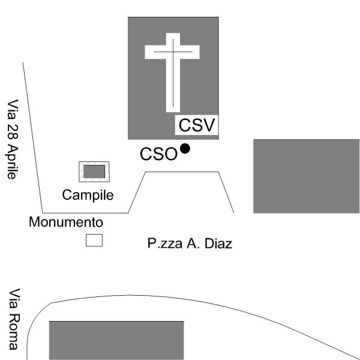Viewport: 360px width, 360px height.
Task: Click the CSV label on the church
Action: coord(197,125)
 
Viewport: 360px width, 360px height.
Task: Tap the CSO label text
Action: coord(158,154)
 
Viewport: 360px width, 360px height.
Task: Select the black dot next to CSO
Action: coord(185,149)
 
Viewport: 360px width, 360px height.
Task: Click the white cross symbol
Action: coord(172,73)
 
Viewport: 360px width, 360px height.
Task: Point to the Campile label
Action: coord(88,196)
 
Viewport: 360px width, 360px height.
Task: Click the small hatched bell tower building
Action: coord(94,172)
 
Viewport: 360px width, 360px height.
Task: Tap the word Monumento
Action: coord(66,222)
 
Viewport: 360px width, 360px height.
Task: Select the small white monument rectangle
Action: coord(94,241)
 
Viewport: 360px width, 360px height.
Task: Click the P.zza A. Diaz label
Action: coord(190,244)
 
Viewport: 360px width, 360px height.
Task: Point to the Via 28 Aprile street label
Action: coord(11,139)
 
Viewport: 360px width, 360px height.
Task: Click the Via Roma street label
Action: coord(14,319)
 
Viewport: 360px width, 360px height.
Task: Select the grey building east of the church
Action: coord(307,176)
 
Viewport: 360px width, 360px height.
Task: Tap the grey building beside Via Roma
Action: coord(116,340)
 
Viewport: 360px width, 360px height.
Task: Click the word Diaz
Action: coord(218,244)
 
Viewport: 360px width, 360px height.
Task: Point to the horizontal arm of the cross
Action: coord(172,52)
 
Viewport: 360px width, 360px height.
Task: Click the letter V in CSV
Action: coord(208,125)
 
